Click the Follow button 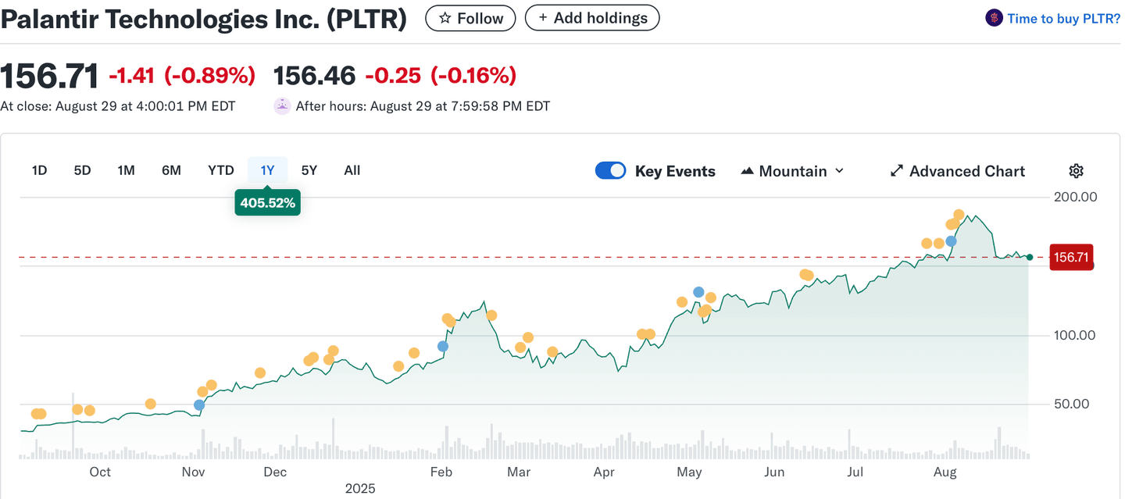470,18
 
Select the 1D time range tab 39,170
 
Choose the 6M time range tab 171,170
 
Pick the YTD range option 221,170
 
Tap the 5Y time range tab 309,170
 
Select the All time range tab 352,170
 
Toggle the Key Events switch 610,171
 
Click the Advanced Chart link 958,171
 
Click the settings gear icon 1076,171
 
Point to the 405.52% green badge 267,203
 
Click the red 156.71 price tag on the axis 1071,257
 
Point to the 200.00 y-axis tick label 1075,197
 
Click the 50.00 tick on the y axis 1075,404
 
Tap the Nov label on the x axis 193,472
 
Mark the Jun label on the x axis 774,472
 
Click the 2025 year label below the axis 360,489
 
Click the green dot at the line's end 1030,257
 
